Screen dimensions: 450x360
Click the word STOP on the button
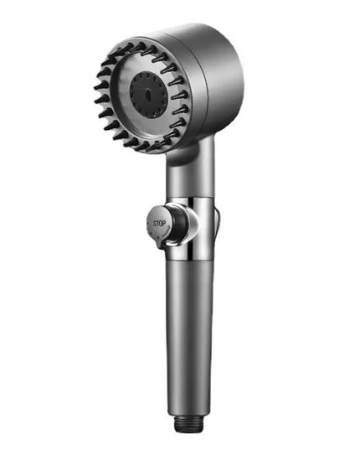[160, 224]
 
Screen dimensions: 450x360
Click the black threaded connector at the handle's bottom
[188, 424]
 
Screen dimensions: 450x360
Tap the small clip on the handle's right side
[216, 220]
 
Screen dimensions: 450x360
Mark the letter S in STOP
[153, 224]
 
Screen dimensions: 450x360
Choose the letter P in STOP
[166, 224]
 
